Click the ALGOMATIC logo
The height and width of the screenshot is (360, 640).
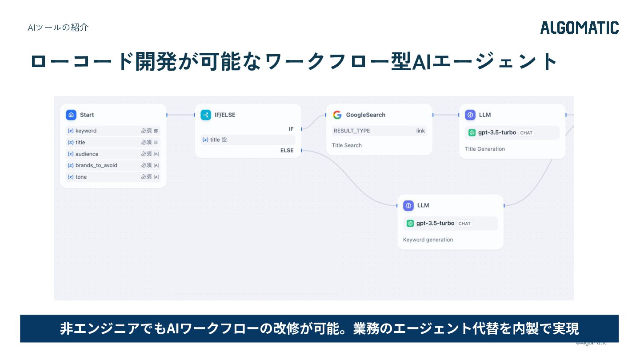coord(580,28)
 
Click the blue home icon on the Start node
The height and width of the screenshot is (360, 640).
coord(71,115)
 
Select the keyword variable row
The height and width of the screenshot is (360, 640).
coord(113,131)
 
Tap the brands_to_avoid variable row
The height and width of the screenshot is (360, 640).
coord(113,165)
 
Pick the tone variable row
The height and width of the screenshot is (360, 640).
coord(113,177)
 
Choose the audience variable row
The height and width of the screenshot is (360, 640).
coord(113,154)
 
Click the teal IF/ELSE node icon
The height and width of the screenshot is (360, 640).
coord(206,115)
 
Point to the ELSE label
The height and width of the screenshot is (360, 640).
coord(287,151)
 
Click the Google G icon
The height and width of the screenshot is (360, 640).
coord(337,115)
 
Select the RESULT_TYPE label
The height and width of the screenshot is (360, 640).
coord(352,131)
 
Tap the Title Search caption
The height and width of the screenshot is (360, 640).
coord(347,145)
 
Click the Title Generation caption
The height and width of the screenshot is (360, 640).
coord(485,149)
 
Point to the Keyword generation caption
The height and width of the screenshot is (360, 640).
coord(428,240)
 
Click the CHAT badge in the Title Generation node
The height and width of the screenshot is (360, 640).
coord(526,133)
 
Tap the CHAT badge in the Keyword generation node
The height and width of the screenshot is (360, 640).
coord(464,224)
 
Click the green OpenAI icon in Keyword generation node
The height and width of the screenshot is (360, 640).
coord(410,224)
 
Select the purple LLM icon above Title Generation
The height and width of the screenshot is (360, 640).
coord(470,115)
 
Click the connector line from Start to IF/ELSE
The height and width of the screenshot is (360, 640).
coord(180,115)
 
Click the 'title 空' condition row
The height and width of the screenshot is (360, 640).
coord(248,140)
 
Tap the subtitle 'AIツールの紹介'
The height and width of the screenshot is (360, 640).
coord(58,28)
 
